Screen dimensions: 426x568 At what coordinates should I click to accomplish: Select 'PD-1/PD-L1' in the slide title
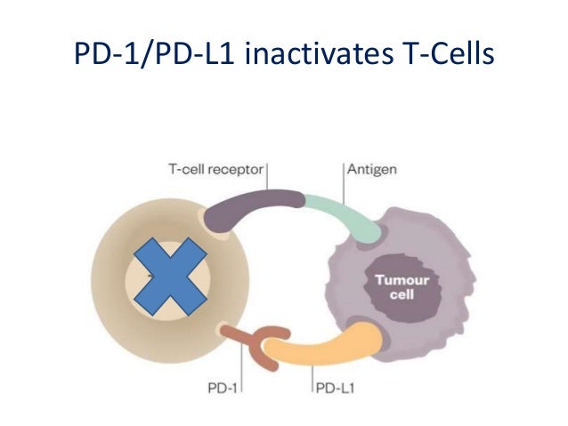point(152,56)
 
